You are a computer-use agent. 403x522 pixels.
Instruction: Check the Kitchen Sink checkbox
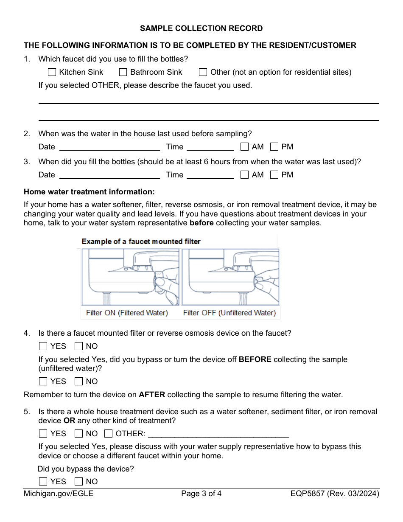coord(52,72)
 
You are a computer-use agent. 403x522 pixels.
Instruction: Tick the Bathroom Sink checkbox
coord(123,72)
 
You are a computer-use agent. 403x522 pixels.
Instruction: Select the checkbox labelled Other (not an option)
coord(203,72)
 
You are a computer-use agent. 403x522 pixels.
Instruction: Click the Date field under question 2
coord(109,147)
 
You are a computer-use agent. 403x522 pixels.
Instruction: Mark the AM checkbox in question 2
coord(244,147)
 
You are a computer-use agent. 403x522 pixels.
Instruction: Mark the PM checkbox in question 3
coord(274,174)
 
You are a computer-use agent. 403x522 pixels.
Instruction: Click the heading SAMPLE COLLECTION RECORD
coord(201,28)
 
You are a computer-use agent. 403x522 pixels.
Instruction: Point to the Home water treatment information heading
coord(89,192)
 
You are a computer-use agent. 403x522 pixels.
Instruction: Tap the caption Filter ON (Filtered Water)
coord(127,313)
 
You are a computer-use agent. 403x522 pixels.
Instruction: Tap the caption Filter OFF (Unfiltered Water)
coord(229,313)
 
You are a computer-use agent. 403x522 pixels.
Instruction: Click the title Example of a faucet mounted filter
coord(141,241)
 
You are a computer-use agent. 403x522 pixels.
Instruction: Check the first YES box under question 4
coord(43,346)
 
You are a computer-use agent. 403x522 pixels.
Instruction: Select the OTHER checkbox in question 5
coord(109,434)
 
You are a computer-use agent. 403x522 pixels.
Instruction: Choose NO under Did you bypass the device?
coord(79,482)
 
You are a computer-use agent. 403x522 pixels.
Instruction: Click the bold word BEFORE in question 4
coord(255,359)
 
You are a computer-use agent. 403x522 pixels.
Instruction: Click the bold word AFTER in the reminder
coord(152,395)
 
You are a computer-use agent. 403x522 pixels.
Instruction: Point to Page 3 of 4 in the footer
coord(201,494)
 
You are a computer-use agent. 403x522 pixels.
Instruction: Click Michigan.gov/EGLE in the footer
coord(59,494)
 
